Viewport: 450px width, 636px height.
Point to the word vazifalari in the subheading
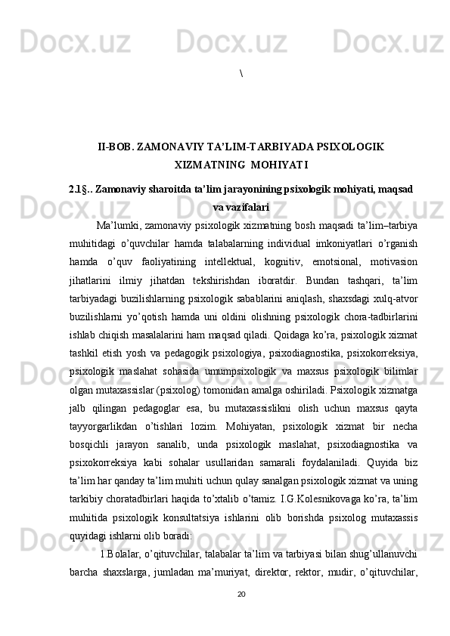[x=246, y=205]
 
